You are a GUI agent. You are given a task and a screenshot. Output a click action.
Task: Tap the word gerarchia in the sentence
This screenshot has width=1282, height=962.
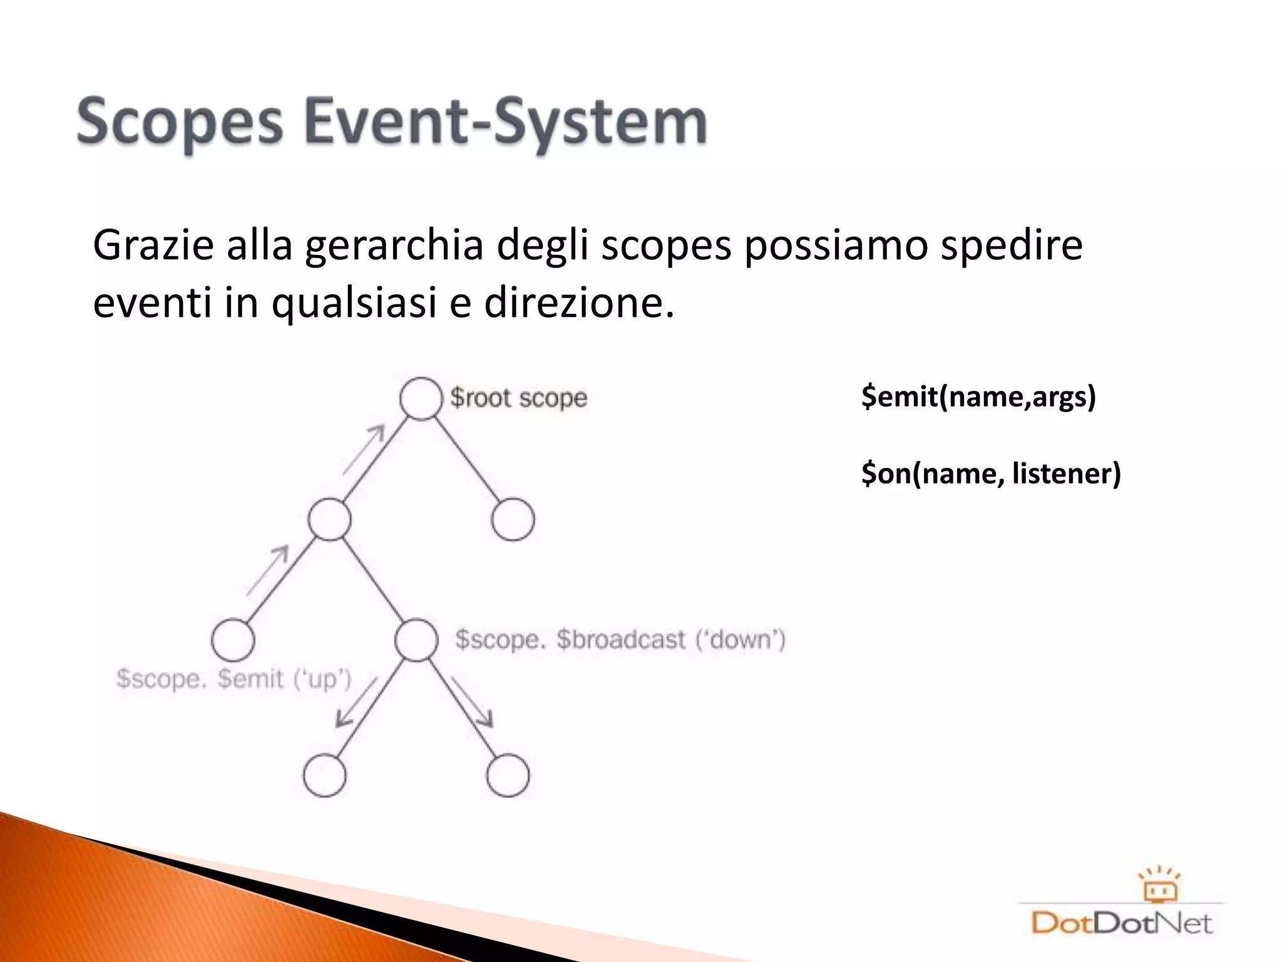(394, 246)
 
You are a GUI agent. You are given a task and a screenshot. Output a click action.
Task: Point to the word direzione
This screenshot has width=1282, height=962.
(578, 303)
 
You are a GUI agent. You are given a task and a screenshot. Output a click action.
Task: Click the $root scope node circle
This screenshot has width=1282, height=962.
(421, 398)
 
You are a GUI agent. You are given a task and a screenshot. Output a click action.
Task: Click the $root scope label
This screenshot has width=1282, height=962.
(518, 398)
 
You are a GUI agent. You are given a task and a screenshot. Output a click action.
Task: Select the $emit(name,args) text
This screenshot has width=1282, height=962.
(978, 396)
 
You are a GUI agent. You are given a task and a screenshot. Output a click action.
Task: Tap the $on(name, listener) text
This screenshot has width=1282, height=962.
(991, 473)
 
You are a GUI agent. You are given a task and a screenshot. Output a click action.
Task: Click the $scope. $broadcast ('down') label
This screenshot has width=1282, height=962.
(620, 639)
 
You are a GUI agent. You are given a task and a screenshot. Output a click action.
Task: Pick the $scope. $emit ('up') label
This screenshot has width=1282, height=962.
(234, 679)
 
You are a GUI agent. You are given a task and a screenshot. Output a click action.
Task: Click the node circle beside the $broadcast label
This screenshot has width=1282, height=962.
(416, 640)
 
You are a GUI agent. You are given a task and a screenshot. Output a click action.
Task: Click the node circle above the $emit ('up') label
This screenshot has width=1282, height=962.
(233, 640)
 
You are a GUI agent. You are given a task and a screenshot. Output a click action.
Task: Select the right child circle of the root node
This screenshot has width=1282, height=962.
(513, 520)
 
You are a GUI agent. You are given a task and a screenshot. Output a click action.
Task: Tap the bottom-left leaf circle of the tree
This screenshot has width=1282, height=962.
(324, 775)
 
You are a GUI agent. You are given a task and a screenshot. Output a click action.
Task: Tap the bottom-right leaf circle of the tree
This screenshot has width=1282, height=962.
(508, 775)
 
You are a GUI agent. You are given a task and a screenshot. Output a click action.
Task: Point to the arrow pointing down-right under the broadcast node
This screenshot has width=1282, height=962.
(473, 701)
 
